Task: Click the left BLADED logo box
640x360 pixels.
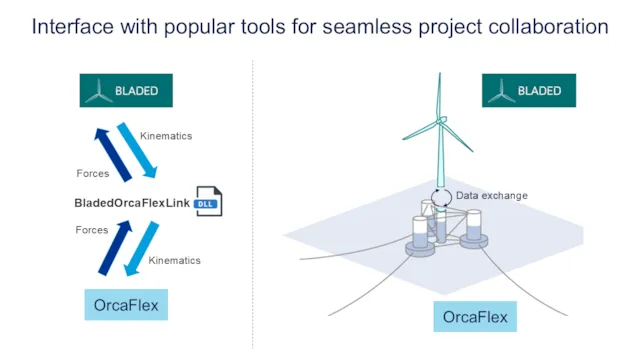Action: click(126, 91)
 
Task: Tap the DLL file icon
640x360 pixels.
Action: click(207, 202)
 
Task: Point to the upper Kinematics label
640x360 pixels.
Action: click(166, 135)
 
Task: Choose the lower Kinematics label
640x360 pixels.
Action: click(174, 261)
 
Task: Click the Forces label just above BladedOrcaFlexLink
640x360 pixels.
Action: click(92, 174)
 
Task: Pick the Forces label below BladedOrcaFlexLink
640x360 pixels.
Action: click(92, 230)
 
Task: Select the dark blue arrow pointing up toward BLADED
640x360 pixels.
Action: click(113, 154)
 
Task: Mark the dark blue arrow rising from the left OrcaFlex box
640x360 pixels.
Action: click(113, 248)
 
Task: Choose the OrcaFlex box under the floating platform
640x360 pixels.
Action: click(475, 318)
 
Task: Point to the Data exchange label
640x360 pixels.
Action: click(491, 196)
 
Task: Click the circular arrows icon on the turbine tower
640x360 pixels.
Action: click(441, 196)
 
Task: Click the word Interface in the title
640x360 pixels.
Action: click(72, 26)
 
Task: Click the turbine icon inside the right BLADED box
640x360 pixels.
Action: click(501, 91)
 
